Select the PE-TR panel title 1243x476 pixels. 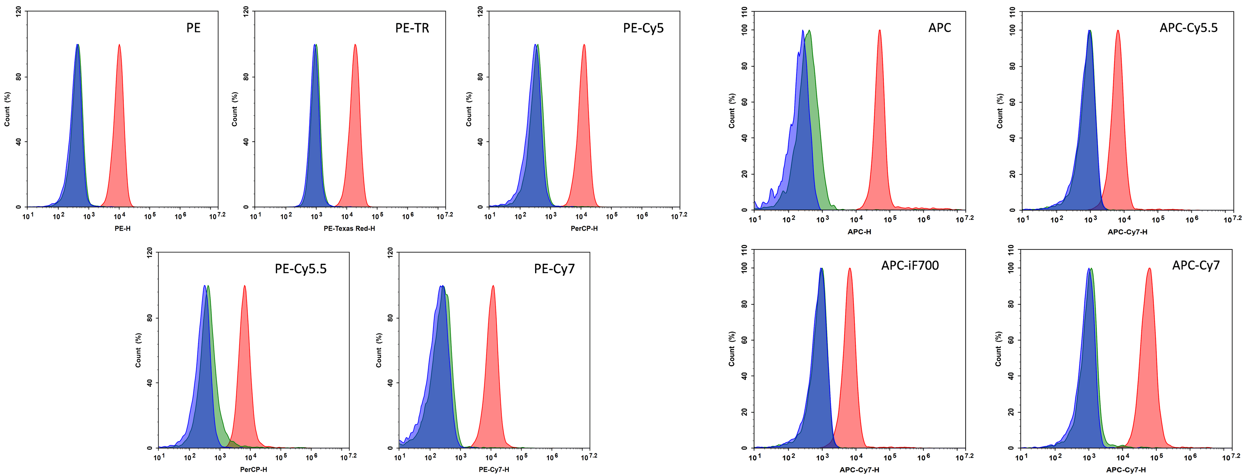412,28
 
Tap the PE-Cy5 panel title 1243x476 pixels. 643,28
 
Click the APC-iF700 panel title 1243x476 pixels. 910,266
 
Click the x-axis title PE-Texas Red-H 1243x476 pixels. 349,228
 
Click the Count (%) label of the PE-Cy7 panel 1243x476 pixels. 378,350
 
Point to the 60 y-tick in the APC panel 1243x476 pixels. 745,102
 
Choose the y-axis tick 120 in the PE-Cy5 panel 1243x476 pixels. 480,12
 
